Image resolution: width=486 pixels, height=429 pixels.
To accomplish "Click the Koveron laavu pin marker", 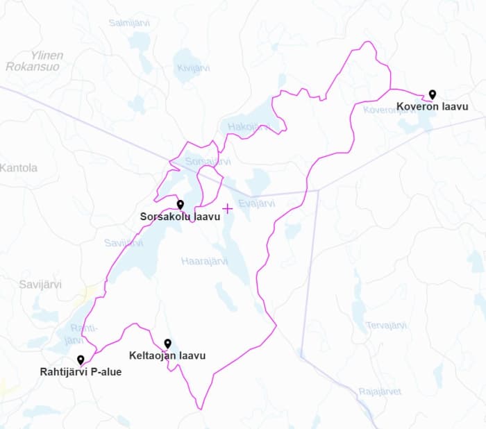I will click(x=432, y=94).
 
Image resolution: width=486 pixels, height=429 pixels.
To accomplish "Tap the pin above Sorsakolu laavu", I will click(x=180, y=204).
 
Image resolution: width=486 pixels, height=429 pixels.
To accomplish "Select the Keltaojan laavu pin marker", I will click(x=167, y=343).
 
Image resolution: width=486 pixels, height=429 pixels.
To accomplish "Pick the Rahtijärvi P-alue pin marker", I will click(x=81, y=360).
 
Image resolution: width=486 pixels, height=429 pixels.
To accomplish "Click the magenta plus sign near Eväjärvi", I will click(x=227, y=208).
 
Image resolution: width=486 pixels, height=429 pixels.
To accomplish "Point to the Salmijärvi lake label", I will click(x=130, y=23).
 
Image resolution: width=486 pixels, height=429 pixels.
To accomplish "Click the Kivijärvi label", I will click(x=194, y=68).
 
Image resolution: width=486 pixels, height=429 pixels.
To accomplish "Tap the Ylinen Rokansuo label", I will click(x=35, y=61).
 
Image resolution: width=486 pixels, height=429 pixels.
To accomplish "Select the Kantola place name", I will click(x=19, y=168).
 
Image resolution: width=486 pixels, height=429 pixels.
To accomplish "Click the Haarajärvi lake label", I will click(x=204, y=262).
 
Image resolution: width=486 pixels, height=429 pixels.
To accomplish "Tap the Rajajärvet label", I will click(x=380, y=392).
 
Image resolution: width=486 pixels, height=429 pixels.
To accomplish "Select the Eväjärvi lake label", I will click(x=257, y=203).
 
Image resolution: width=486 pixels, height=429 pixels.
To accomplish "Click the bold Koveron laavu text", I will click(x=432, y=107).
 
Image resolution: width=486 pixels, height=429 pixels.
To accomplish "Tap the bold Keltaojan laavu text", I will click(x=167, y=356).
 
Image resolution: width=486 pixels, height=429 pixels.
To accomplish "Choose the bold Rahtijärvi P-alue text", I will click(x=81, y=371).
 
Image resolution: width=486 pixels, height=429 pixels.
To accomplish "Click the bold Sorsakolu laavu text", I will click(x=180, y=217).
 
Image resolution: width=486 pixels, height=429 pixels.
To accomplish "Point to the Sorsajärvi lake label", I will click(x=208, y=162).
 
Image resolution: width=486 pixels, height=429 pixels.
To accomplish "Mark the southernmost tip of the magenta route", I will click(x=201, y=409).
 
